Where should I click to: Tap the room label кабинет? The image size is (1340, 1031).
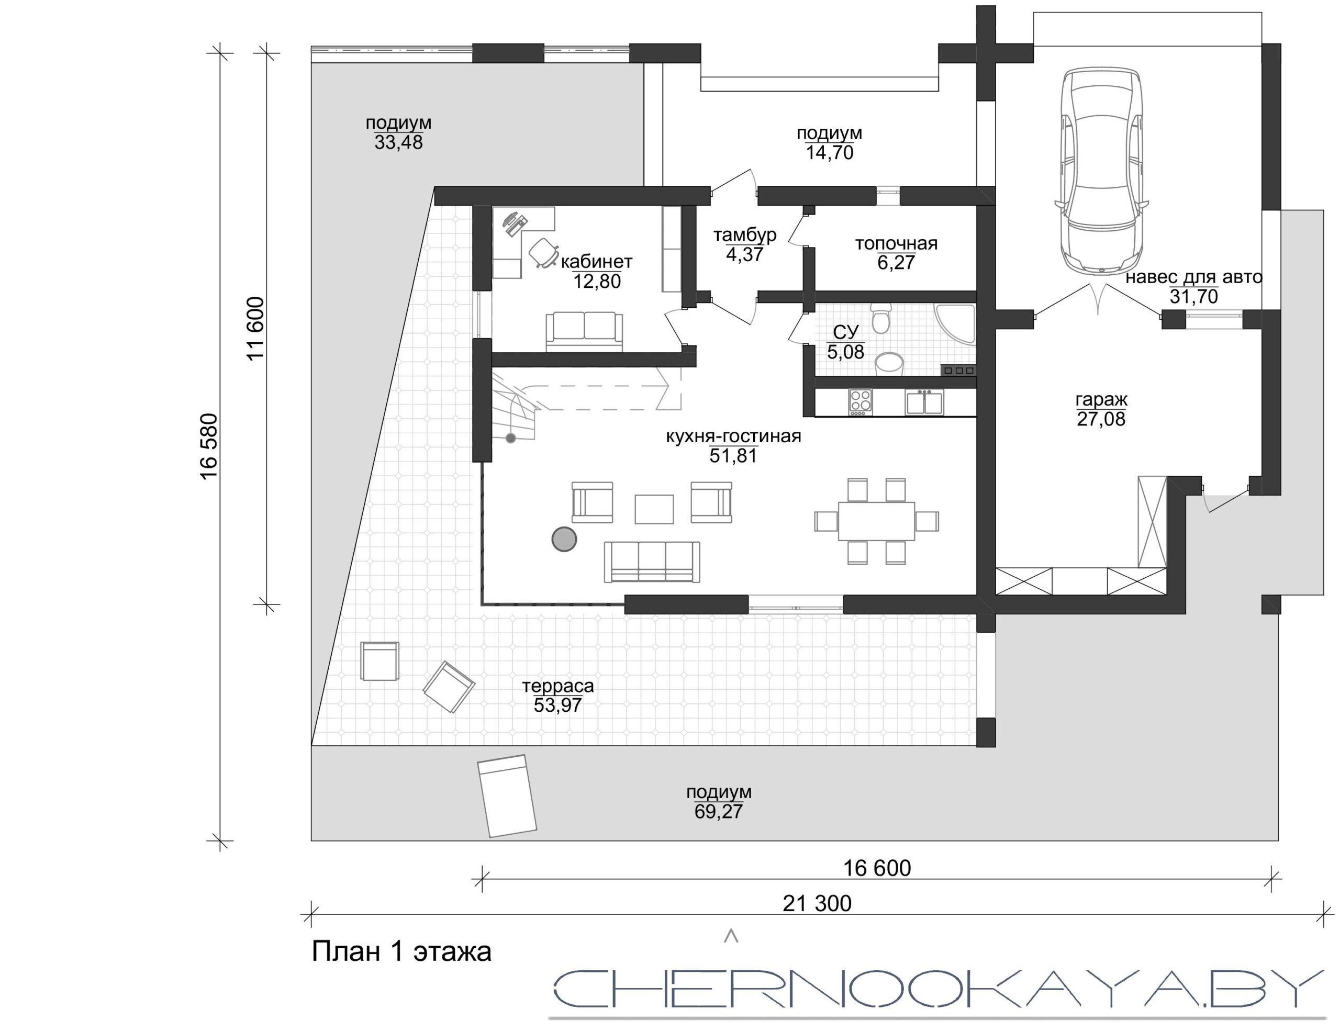[x=596, y=262]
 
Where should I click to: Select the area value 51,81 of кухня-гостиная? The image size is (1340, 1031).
[x=733, y=456]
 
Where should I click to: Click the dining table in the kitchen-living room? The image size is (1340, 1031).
[x=876, y=521]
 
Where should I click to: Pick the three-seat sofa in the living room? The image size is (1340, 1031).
[x=652, y=561]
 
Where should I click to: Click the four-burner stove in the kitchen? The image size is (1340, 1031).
[x=860, y=402]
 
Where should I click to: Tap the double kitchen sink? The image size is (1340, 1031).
[x=924, y=402]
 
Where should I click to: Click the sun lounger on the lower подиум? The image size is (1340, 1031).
[x=507, y=795]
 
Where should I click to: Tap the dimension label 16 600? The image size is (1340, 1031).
[x=877, y=868]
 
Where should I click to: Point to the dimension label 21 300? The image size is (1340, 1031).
[x=817, y=903]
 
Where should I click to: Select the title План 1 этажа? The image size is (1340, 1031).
[x=402, y=952]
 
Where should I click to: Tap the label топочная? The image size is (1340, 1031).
[x=897, y=243]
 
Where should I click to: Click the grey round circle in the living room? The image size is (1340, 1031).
[x=564, y=539]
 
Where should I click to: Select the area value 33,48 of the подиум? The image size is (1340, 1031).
[x=398, y=143]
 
